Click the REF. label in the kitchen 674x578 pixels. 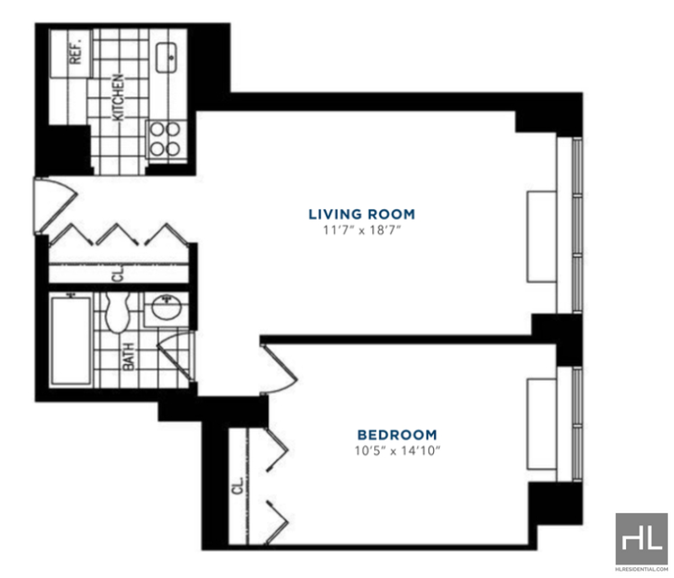[75, 51]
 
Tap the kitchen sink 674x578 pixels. [166, 57]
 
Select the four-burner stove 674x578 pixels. [165, 139]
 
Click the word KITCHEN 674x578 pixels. [118, 98]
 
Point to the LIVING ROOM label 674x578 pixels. [362, 214]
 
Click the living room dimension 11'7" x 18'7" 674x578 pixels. [362, 230]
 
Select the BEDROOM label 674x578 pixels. [397, 435]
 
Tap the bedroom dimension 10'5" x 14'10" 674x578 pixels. [398, 451]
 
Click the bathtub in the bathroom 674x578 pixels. [71, 340]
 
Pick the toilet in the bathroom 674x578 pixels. [117, 313]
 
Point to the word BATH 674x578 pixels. [128, 356]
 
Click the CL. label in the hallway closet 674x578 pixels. [118, 273]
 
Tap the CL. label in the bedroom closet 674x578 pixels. [238, 485]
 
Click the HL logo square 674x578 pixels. [642, 539]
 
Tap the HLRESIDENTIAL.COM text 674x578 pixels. [642, 570]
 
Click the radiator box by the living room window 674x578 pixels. [542, 237]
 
